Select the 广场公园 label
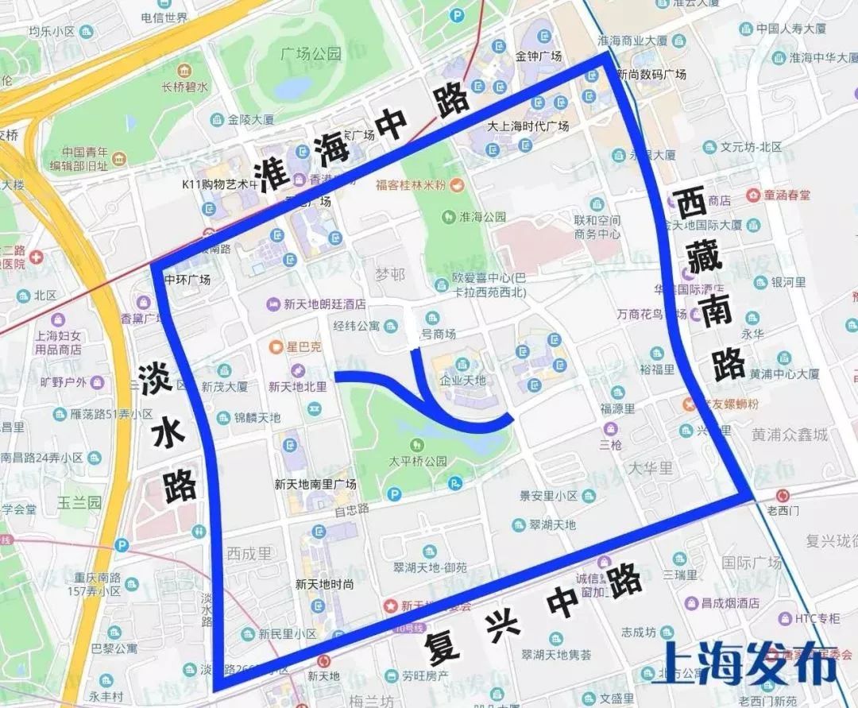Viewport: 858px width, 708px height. [311, 54]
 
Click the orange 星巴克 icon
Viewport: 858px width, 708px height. [276, 346]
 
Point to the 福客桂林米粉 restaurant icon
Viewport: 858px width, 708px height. [457, 184]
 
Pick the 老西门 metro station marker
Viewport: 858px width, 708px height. [785, 493]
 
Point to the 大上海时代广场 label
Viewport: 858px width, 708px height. [528, 126]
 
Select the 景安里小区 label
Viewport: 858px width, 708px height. [549, 495]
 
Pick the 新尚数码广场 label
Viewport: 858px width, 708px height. [651, 74]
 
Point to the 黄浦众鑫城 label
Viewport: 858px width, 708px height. [789, 434]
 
